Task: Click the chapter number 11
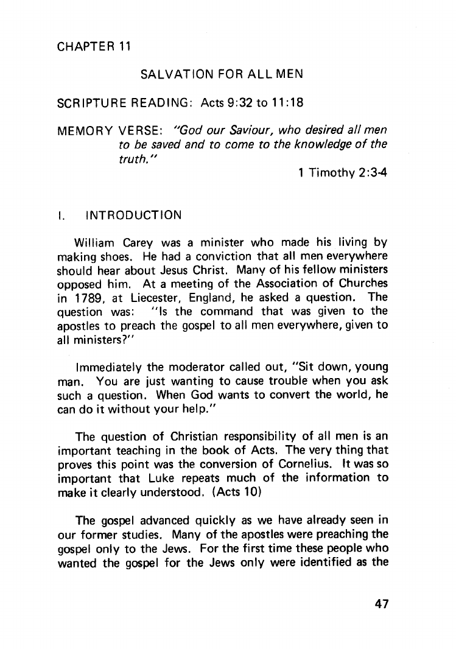coord(123,46)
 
